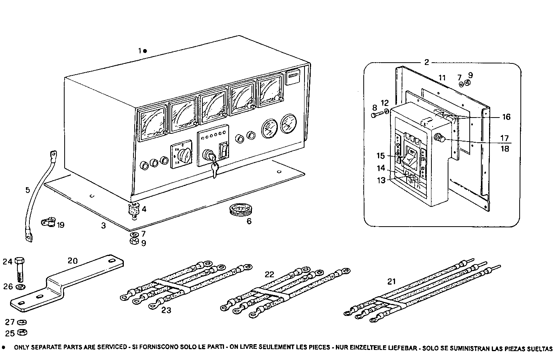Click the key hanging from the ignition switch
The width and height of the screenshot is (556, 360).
215,169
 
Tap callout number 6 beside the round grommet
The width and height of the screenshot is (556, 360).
249,222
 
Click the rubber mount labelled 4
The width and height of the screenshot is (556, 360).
134,211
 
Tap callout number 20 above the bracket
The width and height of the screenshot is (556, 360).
73,261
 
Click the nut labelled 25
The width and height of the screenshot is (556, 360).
22,333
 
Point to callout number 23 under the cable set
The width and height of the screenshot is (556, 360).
166,310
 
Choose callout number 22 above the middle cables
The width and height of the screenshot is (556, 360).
269,274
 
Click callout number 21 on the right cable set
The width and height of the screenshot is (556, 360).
392,282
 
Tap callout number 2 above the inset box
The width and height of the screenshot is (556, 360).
426,62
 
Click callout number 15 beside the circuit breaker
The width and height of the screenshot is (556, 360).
381,156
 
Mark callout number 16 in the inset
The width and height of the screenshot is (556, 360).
506,117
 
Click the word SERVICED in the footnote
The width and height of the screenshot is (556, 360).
108,347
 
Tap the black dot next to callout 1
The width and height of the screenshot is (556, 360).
145,51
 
